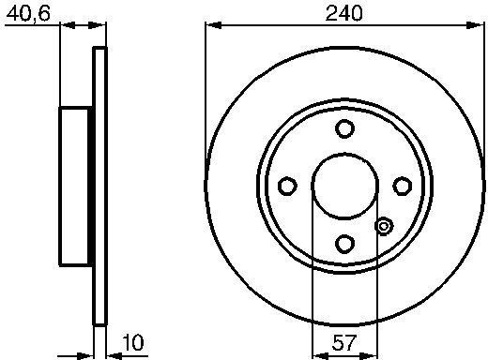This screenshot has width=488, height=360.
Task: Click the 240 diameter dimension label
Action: tap(344, 13)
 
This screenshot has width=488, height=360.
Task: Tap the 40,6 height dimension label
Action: tap(28, 14)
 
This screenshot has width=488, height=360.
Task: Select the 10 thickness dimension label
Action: tap(133, 342)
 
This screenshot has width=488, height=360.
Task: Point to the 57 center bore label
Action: tap(343, 342)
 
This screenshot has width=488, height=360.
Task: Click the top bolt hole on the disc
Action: tap(344, 128)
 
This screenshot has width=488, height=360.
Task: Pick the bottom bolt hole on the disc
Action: tap(344, 244)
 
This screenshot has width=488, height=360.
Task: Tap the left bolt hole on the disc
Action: tap(287, 186)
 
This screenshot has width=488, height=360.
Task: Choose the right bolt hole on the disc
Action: tap(402, 186)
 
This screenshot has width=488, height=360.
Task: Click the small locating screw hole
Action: tap(384, 226)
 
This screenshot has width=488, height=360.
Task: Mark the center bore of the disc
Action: tap(344, 186)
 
